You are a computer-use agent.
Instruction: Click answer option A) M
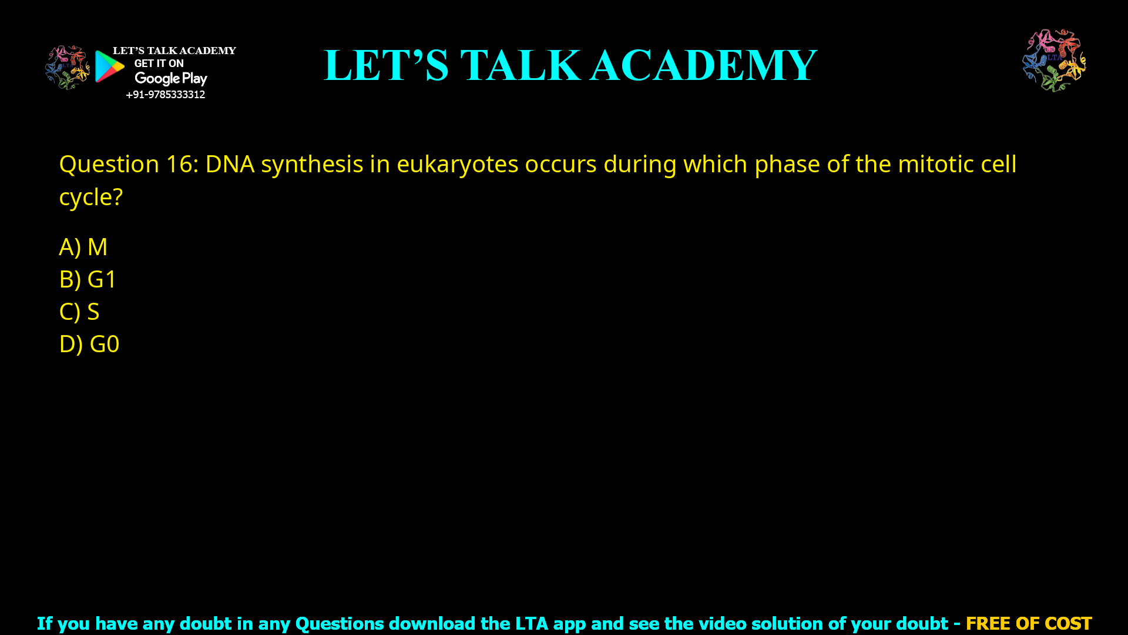(x=83, y=247)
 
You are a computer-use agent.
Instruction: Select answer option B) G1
(x=88, y=279)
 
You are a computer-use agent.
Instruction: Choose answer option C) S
(x=79, y=312)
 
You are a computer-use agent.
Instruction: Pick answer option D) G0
(x=89, y=344)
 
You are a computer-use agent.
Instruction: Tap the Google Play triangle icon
(x=109, y=66)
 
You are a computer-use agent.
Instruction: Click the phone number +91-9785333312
(x=165, y=95)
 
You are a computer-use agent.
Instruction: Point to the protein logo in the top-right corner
(x=1054, y=60)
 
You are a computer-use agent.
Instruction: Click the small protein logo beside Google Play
(x=68, y=68)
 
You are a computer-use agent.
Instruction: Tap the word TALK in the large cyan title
(x=521, y=65)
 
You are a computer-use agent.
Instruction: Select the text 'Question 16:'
(x=129, y=164)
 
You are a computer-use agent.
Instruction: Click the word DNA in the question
(x=230, y=164)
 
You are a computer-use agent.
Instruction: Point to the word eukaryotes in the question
(x=458, y=164)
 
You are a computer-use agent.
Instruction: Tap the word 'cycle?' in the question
(x=90, y=198)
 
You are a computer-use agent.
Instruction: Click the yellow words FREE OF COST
(x=1029, y=623)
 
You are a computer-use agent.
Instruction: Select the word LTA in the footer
(x=532, y=623)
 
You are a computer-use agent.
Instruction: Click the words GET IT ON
(x=159, y=63)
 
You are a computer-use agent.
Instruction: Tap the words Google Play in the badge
(x=171, y=78)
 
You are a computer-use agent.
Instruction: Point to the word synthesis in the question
(x=312, y=164)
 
